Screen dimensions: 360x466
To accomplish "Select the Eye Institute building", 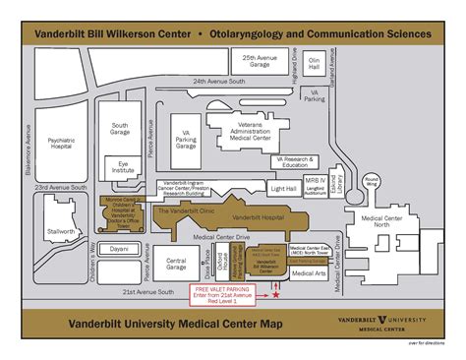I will click(124, 168).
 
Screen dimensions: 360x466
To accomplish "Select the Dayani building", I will click(119, 249).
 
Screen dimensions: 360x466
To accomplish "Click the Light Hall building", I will click(283, 188).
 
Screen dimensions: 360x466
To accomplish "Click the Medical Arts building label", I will click(309, 273).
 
